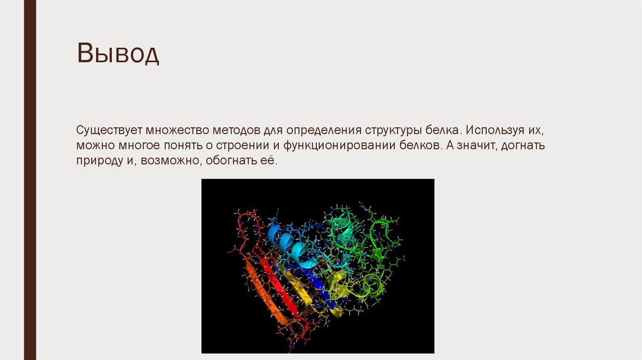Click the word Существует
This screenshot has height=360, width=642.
[x=110, y=132]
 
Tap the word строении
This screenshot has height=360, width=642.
[x=241, y=146]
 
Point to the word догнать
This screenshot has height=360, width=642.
[x=522, y=146]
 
